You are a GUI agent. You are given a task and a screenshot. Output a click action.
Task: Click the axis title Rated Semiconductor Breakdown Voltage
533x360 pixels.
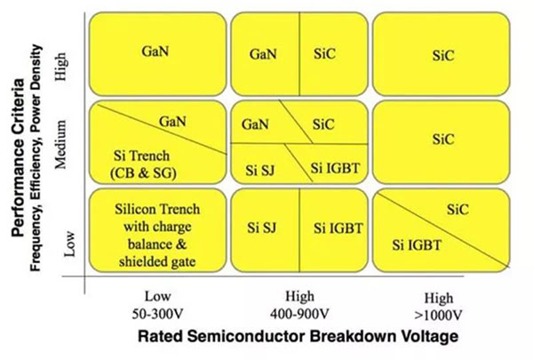298,339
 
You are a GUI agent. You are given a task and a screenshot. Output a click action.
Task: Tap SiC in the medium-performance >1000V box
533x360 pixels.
441,140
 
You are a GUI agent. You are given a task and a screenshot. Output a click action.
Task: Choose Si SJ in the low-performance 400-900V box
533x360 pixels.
264,227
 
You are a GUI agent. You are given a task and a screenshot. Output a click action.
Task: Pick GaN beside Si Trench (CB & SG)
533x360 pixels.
171,120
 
